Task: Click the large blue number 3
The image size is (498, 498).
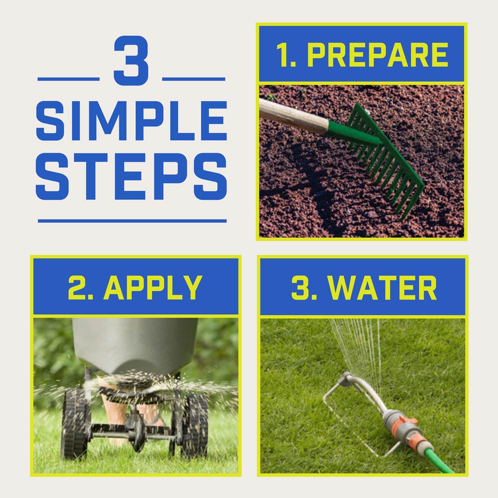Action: [131, 60]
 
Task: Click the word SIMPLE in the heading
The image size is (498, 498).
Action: [131, 121]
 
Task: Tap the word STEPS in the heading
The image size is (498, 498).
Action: [131, 177]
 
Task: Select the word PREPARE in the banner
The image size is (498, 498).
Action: [377, 55]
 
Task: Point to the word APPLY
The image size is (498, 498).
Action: [153, 287]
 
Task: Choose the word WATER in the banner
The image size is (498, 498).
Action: [382, 287]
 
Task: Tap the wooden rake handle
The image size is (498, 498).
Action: [294, 116]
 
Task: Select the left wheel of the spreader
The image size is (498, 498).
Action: [74, 423]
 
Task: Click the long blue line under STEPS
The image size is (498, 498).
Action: [132, 221]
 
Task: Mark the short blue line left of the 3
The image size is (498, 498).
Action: [69, 79]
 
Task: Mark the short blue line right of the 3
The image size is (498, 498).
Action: [194, 79]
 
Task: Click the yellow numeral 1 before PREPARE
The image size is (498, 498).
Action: [283, 55]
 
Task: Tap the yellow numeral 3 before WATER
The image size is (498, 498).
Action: [300, 287]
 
